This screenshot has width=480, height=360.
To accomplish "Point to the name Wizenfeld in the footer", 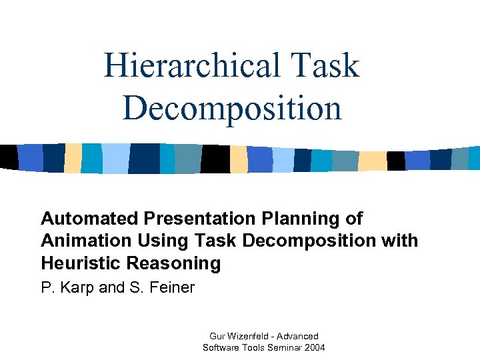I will (249, 336).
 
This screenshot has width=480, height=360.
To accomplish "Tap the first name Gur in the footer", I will (217, 336).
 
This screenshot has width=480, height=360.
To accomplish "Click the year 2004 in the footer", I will (314, 347).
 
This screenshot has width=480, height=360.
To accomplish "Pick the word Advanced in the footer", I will (298, 336).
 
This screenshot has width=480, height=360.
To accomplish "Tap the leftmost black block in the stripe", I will (9, 157).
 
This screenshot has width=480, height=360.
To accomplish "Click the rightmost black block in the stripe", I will (396, 161).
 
